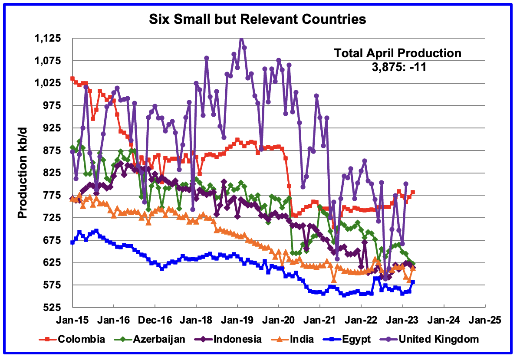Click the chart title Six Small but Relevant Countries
tap(258, 20)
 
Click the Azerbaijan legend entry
tap(163, 339)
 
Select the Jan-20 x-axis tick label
tap(279, 320)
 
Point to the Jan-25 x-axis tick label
tap(485, 320)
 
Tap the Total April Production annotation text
tap(397, 53)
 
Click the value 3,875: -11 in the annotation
tap(397, 67)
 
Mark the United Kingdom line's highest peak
tap(241, 38)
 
